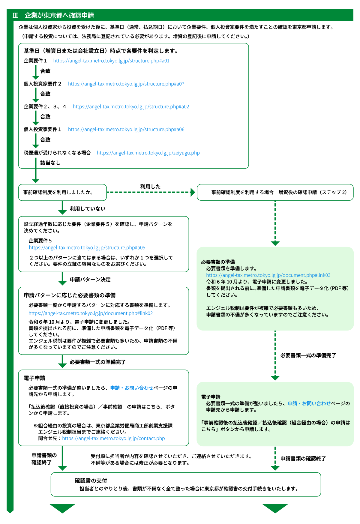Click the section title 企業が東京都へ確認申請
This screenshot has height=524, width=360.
tap(59, 15)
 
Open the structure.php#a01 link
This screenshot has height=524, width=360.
tap(111, 61)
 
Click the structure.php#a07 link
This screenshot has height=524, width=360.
tap(126, 84)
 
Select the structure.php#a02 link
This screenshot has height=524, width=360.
tap(131, 106)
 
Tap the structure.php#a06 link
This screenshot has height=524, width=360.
tap(126, 129)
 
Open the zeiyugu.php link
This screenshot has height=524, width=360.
tap(148, 153)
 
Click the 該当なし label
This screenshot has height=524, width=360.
tap(50, 163)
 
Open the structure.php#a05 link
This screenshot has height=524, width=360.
tap(87, 247)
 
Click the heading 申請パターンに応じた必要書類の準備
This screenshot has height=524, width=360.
tap(70, 295)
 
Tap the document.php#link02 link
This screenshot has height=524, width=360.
tap(91, 313)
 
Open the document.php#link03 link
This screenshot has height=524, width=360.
tap(268, 275)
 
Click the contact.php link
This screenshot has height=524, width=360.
tap(113, 438)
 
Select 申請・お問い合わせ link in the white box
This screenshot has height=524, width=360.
tap(132, 388)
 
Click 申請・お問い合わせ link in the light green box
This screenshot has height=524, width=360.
tap(309, 403)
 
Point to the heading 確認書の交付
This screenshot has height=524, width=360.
tap(91, 481)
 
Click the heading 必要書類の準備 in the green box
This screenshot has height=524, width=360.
tap(218, 262)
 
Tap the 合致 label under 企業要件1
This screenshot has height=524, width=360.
tap(45, 71)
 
